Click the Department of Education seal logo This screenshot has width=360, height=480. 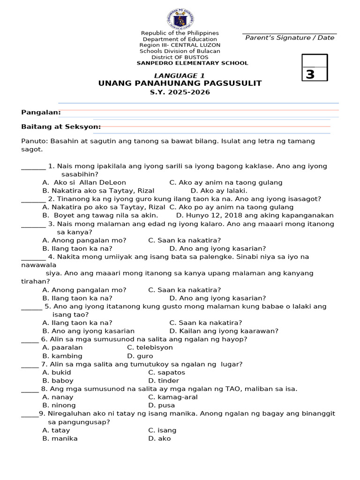(180, 19)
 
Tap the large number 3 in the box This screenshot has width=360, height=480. (310, 75)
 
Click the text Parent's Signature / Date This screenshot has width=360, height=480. (290, 38)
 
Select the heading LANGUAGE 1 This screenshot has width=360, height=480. (180, 75)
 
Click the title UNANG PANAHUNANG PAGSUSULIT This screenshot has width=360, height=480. (180, 83)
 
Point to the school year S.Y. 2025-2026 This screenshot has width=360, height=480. (180, 92)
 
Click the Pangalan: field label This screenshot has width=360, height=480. (41, 112)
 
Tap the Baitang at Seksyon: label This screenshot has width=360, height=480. (61, 127)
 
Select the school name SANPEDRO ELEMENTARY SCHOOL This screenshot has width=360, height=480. (192, 63)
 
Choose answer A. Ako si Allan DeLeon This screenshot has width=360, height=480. (84, 182)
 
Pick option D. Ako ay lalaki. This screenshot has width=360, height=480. (219, 191)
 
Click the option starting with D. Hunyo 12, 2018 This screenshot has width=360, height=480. (255, 216)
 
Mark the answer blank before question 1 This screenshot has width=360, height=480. (33, 166)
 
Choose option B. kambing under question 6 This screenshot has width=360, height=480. (62, 356)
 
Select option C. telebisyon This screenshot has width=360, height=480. (150, 347)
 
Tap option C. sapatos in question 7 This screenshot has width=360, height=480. (166, 372)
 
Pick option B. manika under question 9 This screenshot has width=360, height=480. (60, 438)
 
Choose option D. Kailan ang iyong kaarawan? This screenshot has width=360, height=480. (224, 331)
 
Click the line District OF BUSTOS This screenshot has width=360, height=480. (180, 57)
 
